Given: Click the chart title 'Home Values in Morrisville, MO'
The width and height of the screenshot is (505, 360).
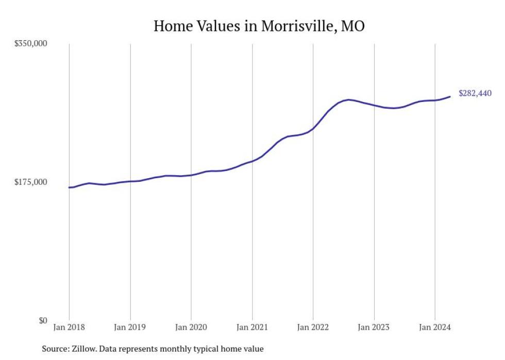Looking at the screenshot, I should point(259,26).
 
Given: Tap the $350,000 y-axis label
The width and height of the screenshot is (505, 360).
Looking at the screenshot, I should point(31,43).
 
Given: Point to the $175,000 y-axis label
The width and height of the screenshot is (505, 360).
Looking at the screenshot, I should point(31,182).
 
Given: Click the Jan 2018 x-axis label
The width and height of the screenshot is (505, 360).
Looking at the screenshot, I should point(69,327).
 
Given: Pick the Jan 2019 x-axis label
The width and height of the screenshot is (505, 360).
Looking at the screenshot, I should point(130,327).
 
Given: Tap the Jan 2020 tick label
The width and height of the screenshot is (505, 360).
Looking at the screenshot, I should point(191,327).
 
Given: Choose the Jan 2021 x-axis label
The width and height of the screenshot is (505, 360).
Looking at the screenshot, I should point(252,327).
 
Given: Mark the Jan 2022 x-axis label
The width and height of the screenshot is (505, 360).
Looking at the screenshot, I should point(313,327).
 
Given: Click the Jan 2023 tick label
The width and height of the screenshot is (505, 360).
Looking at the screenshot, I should point(374,327).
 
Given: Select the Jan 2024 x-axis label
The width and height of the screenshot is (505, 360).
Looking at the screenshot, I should point(435,327).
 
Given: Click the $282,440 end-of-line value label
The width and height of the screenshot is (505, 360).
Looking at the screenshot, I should point(475,93).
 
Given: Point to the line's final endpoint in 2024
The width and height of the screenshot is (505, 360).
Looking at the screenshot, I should point(450,96).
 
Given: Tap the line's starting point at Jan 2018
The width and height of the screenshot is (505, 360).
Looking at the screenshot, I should point(69,187).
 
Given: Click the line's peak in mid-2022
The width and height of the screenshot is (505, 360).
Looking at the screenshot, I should point(349,99).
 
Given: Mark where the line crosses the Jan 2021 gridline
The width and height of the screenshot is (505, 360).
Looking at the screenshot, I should point(252,161).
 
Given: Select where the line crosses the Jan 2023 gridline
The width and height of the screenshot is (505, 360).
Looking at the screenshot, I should point(374,106).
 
